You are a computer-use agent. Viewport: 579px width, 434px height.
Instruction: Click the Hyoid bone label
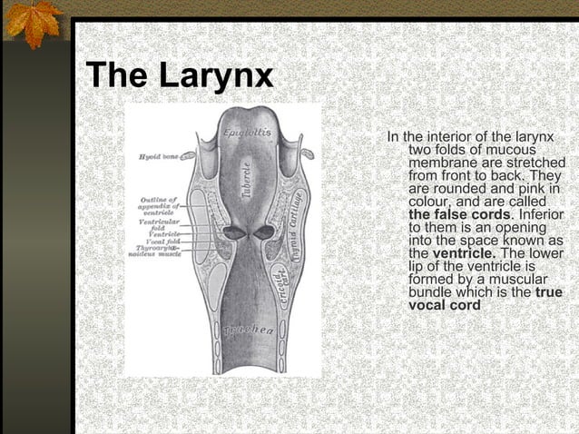(158, 157)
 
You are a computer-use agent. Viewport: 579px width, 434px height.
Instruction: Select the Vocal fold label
(163, 241)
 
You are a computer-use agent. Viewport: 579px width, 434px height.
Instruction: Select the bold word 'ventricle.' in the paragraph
(463, 253)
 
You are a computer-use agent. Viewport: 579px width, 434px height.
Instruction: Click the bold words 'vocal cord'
(445, 305)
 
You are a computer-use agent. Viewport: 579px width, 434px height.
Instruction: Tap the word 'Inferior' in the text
(541, 213)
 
